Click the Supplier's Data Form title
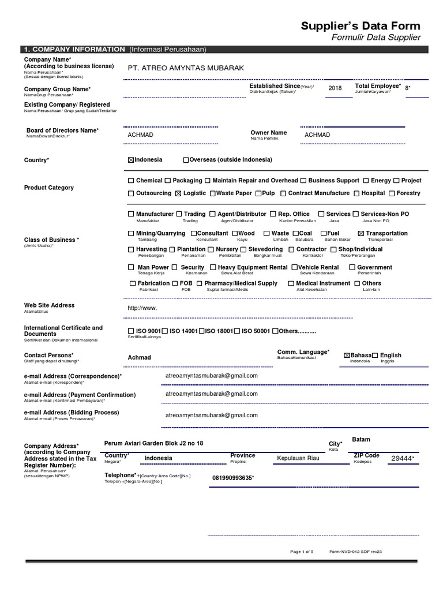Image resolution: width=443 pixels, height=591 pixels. pos(361,26)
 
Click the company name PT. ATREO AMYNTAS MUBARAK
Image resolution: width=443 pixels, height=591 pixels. pos(186,68)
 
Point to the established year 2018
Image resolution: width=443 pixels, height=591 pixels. pos(335,88)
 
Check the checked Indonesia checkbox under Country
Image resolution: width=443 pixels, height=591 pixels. pos(130,160)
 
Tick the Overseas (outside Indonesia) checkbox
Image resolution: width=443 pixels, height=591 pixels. pos(186,160)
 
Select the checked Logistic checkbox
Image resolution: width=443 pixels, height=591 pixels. pos(178,193)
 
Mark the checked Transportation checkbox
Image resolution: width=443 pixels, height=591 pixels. pos(361,234)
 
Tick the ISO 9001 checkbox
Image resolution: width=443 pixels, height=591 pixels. pos(130,331)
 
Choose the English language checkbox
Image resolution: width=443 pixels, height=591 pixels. pos(375,356)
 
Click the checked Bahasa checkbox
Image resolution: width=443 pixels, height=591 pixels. pos(347,356)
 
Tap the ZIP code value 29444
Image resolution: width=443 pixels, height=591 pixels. pos(402,458)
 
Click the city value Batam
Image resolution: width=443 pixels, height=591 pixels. pos(361,439)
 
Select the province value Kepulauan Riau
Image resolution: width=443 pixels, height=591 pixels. pos(298,458)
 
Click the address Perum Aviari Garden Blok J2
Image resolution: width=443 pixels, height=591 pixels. pos(153,443)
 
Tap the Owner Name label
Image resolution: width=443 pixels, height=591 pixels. pos(268,133)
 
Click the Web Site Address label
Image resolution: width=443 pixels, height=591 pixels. pos(49,305)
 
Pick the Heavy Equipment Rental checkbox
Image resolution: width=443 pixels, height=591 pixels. pos(213,268)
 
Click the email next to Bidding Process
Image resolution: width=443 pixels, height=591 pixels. pos(211,415)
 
